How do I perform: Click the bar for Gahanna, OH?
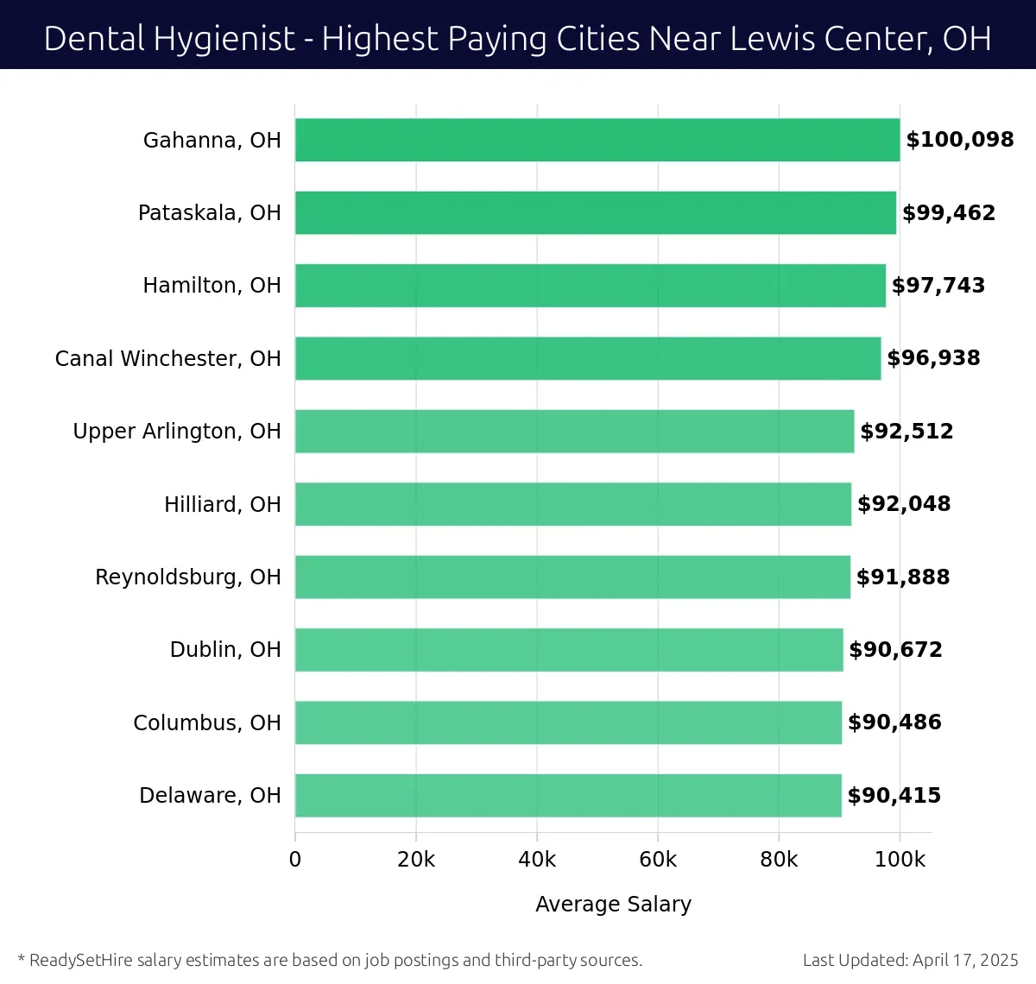pyautogui.click(x=597, y=140)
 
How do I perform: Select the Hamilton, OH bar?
pyautogui.click(x=591, y=286)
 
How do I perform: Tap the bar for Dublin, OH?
pyautogui.click(x=569, y=650)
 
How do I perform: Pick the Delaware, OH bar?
pyautogui.click(x=568, y=796)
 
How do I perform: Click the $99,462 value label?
pyautogui.click(x=949, y=213)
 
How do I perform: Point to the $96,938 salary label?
pyautogui.click(x=933, y=358)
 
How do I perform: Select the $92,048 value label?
pyautogui.click(x=904, y=504)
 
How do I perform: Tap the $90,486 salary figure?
pyautogui.click(x=894, y=722)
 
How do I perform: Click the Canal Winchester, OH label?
pyautogui.click(x=167, y=359)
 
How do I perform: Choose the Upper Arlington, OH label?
pyautogui.click(x=177, y=432)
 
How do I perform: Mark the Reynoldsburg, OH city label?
pyautogui.click(x=188, y=577)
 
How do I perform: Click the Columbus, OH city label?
pyautogui.click(x=207, y=723)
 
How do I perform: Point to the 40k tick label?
pyautogui.click(x=537, y=860)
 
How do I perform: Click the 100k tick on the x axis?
pyautogui.click(x=900, y=860)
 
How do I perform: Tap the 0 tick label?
pyautogui.click(x=295, y=860)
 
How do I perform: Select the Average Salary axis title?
pyautogui.click(x=613, y=905)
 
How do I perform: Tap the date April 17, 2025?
pyautogui.click(x=965, y=960)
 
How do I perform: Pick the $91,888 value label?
pyautogui.click(x=903, y=577)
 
